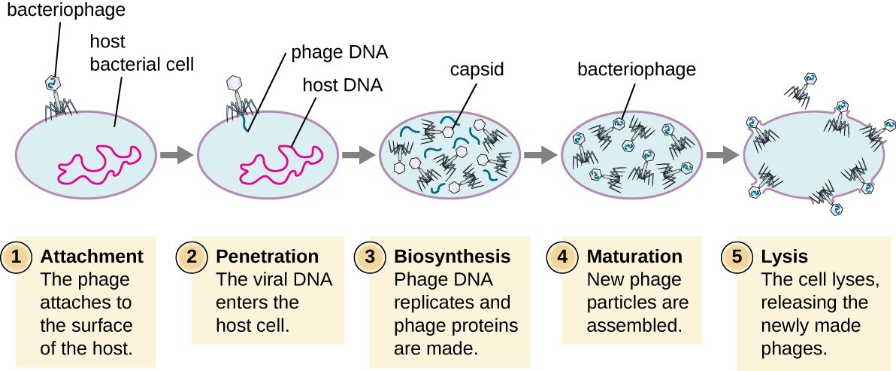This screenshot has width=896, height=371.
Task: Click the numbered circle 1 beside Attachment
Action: click(17, 257)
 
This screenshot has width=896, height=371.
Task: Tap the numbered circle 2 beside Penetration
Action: click(191, 257)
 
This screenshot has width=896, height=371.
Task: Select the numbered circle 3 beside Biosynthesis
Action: click(368, 257)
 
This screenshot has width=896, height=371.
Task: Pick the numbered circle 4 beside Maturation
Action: click(561, 257)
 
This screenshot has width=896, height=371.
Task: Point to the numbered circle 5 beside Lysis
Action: click(736, 257)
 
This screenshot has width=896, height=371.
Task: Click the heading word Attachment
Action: click(92, 257)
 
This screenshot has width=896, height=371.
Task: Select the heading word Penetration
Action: click(267, 257)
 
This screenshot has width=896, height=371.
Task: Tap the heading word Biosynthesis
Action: click(452, 257)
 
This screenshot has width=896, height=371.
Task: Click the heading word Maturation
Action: click(634, 257)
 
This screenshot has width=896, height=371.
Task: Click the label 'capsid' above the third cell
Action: click(476, 70)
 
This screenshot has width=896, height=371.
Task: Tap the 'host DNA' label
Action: click(342, 85)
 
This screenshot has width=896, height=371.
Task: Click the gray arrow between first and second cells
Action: click(174, 156)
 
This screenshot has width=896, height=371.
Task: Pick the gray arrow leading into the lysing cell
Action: click(722, 156)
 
